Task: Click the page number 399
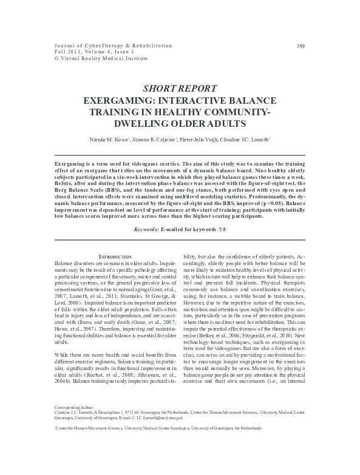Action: point(300,46)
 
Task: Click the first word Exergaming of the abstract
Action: point(70,164)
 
